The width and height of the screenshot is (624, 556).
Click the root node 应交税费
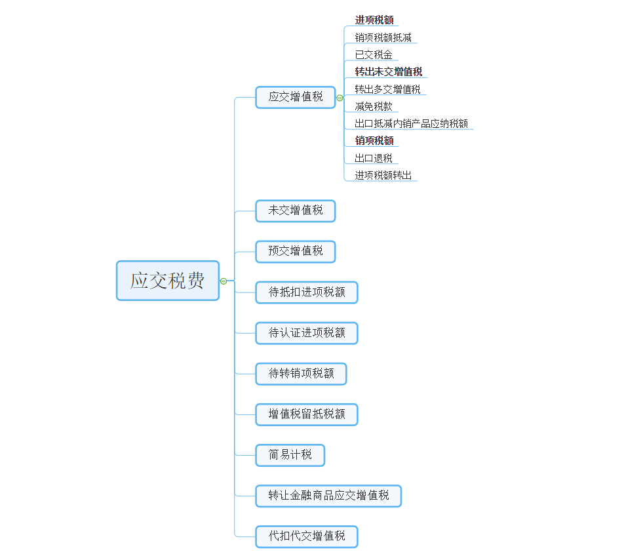(x=168, y=281)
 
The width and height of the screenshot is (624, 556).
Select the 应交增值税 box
(x=295, y=97)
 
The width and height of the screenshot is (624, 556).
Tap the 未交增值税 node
(x=295, y=211)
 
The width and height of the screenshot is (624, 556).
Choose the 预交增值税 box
(x=295, y=252)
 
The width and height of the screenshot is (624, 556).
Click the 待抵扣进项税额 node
(x=307, y=292)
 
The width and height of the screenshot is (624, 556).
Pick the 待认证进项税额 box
(x=307, y=333)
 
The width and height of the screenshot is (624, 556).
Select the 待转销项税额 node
(x=301, y=374)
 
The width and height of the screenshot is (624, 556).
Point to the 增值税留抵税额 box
(x=307, y=415)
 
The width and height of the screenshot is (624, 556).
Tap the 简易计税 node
(x=290, y=455)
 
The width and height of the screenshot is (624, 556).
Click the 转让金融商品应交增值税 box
(x=328, y=496)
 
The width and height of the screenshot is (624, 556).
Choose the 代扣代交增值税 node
(x=307, y=536)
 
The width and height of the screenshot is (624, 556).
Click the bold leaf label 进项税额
(x=374, y=20)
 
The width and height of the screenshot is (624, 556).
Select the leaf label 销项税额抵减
(x=383, y=37)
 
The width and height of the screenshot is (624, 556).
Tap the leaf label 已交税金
(x=374, y=54)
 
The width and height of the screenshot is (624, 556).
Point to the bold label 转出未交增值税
(x=389, y=71)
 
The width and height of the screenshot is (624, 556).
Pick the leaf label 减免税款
(x=374, y=106)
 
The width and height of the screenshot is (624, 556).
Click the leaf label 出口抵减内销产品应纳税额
(x=411, y=123)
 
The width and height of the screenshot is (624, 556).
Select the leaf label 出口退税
(x=374, y=158)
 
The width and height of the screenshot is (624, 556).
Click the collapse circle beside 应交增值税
(x=340, y=98)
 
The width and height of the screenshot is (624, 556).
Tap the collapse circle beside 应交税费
(x=224, y=281)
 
